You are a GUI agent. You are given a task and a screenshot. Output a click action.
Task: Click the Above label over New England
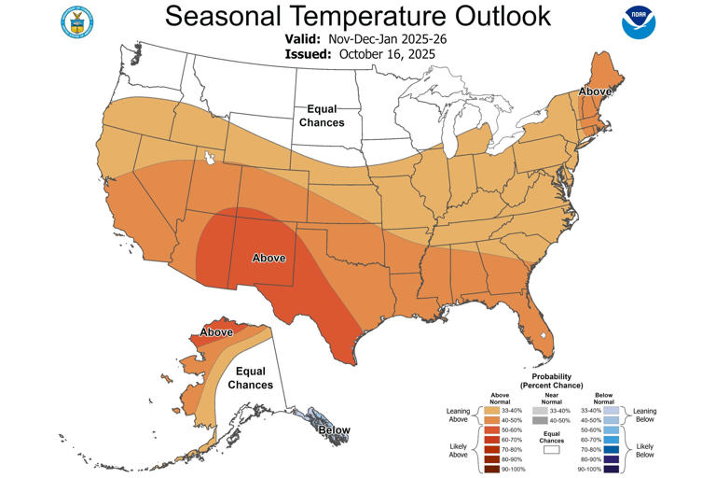(594, 91)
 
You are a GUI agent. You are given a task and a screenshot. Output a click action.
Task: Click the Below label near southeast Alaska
(335, 430)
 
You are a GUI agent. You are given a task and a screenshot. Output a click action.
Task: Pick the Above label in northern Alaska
(216, 331)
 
